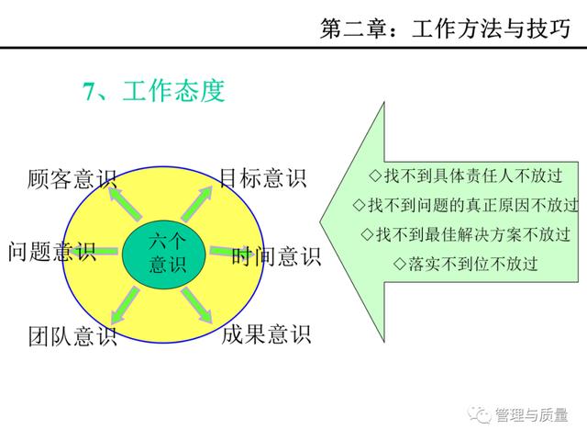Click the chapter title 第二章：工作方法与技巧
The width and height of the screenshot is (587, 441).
pyautogui.click(x=445, y=28)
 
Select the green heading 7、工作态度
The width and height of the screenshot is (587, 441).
pyautogui.click(x=154, y=91)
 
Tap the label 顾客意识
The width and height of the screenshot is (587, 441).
pyautogui.click(x=72, y=178)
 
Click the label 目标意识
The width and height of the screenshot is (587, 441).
pyautogui.click(x=263, y=178)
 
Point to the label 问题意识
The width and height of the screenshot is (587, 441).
pyautogui.click(x=52, y=251)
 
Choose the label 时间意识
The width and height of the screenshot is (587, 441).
pyautogui.click(x=276, y=256)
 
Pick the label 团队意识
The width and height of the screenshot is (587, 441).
pyautogui.click(x=72, y=335)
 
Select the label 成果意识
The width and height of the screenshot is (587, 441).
pyautogui.click(x=266, y=334)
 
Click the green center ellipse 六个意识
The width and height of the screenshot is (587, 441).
pyautogui.click(x=164, y=254)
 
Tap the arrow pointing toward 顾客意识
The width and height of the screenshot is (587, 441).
pyautogui.click(x=125, y=204)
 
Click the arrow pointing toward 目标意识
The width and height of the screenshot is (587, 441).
pyautogui.click(x=197, y=204)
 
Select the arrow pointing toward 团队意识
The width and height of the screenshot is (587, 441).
pyautogui.click(x=126, y=305)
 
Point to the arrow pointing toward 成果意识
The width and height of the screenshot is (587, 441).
pyautogui.click(x=196, y=305)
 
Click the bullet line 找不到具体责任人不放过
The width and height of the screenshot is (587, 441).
pyautogui.click(x=466, y=175)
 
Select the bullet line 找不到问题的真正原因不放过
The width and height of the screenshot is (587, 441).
pyautogui.click(x=466, y=205)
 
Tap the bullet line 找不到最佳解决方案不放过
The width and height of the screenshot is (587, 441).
pyautogui.click(x=466, y=234)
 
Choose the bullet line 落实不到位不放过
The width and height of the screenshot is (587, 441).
pyautogui.click(x=466, y=264)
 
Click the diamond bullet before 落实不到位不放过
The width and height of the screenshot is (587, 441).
pyautogui.click(x=400, y=264)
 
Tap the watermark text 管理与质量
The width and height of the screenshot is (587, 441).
pyautogui.click(x=532, y=414)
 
